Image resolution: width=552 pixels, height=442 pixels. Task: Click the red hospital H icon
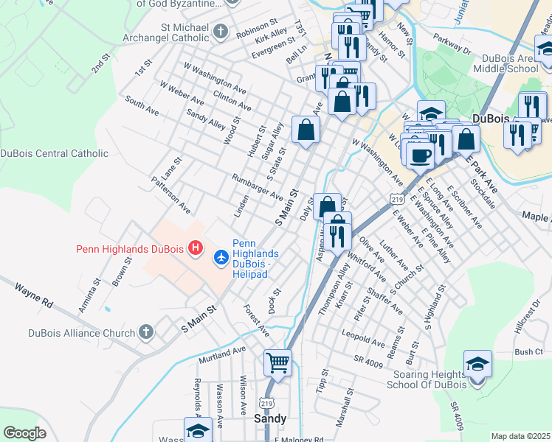[x=195, y=248]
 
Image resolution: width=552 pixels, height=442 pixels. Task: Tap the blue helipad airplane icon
[x=220, y=257]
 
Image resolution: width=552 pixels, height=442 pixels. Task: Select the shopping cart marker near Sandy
[x=277, y=362]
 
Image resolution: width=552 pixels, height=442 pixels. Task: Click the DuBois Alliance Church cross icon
[x=145, y=332]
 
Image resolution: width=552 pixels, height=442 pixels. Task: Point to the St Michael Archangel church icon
[x=221, y=32]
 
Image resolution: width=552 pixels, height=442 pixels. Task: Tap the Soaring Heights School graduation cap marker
[x=477, y=364]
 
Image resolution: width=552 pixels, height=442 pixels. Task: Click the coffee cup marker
[x=420, y=155]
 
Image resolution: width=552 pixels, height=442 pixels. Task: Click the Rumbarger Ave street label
[x=257, y=188]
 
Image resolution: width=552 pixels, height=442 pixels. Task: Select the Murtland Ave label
[x=221, y=355]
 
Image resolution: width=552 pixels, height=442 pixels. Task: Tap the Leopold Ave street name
[x=362, y=338]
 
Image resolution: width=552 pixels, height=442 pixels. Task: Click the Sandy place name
[x=269, y=418]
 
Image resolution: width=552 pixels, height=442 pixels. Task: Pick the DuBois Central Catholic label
[x=54, y=153]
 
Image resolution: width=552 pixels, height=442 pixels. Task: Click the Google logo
[x=24, y=433]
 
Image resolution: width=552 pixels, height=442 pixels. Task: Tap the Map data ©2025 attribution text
[x=520, y=436]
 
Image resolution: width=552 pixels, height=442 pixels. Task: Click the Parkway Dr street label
[x=452, y=44]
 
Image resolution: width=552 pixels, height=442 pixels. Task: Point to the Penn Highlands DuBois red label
[x=130, y=249]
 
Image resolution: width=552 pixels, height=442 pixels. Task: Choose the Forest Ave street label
[x=256, y=322]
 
